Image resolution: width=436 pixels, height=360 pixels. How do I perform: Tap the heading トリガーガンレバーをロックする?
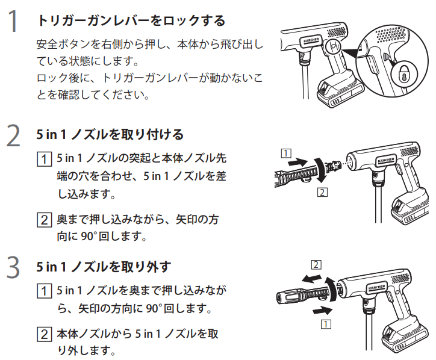(131, 21)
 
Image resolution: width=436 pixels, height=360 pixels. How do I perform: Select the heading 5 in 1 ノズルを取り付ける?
(110, 134)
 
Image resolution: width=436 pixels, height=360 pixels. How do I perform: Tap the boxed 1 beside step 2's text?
(43, 159)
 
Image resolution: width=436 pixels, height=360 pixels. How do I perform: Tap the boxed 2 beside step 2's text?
(43, 220)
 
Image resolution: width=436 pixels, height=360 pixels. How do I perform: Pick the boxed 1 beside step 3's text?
(43, 291)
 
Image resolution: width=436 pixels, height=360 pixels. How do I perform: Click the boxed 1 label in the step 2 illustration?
(285, 152)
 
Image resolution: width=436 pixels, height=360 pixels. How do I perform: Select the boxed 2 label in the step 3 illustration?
(317, 264)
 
